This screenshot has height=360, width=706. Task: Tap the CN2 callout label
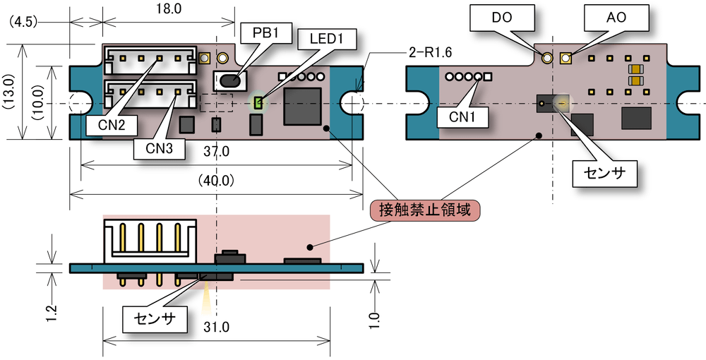tap(111, 125)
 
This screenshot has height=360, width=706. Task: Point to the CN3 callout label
tap(157, 150)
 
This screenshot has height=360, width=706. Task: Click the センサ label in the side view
tap(157, 318)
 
